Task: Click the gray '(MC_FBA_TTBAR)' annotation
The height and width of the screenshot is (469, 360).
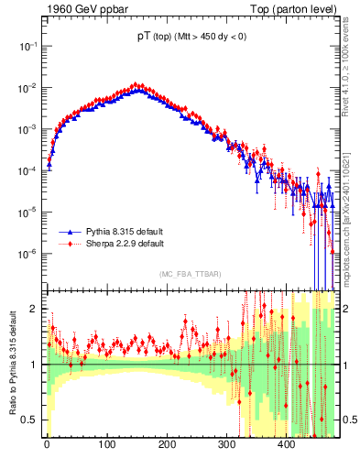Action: [x=190, y=275]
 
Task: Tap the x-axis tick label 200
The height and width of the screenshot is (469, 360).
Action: [x=167, y=445]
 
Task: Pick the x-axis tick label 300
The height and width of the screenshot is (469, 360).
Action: [x=226, y=445]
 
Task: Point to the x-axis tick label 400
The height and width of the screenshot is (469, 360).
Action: [x=286, y=445]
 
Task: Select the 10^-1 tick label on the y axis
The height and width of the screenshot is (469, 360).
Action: [x=28, y=46]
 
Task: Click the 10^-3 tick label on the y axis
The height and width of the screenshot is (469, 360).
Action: [x=28, y=129]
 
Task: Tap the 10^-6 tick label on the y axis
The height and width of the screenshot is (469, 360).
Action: [x=28, y=254]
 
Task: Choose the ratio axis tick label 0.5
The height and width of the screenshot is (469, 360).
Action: [x=31, y=420]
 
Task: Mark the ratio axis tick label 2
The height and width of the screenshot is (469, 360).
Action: [x=36, y=309]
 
